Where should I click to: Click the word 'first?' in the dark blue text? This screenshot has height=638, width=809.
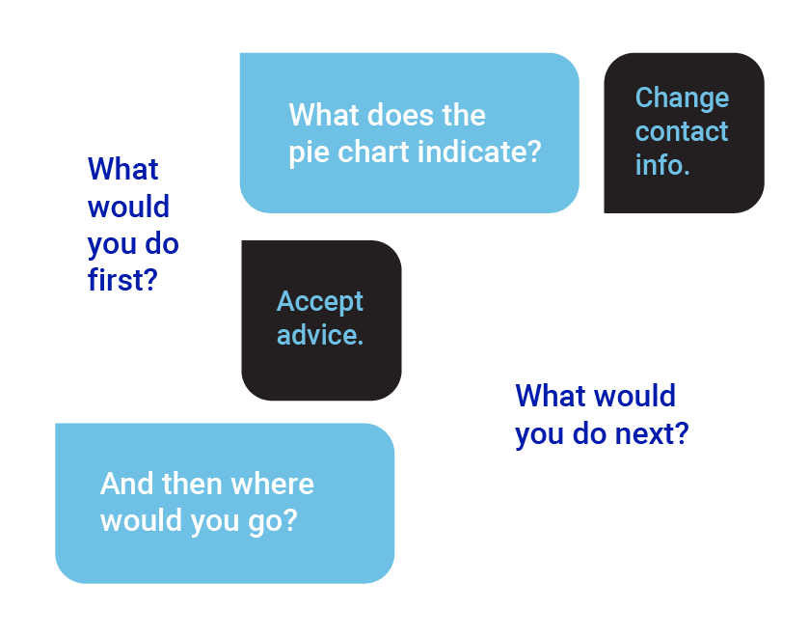point(122,280)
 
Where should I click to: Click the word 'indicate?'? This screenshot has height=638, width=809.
point(479,152)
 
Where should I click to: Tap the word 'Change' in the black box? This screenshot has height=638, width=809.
point(682,98)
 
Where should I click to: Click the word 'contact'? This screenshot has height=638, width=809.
point(682,131)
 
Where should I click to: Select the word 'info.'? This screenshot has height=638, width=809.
point(662,165)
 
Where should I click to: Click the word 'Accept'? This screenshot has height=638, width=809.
point(320,302)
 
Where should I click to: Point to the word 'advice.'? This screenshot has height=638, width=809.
point(320,335)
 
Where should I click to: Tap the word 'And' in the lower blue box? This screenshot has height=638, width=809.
point(127,484)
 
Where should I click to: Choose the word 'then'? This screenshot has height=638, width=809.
point(193,484)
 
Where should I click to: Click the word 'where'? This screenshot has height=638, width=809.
point(273,484)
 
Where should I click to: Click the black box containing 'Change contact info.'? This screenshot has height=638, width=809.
point(685,133)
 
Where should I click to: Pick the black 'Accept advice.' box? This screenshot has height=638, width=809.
point(321,320)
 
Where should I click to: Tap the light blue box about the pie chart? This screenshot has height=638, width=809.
point(409,133)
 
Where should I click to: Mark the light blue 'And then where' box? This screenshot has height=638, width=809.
point(225,503)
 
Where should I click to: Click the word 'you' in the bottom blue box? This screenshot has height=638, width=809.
point(215,522)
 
